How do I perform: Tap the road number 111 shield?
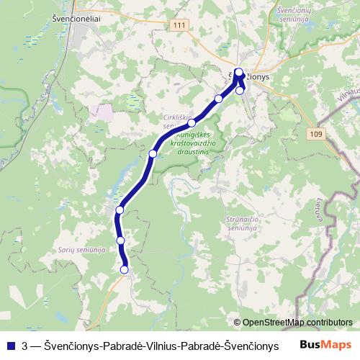179,25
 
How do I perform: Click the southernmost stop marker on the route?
125,269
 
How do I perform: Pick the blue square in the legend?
9,346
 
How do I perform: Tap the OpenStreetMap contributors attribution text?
292,323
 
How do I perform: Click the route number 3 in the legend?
26,346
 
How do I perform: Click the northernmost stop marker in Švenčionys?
238,72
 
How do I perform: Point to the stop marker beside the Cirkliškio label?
192,123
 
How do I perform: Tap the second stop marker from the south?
121,240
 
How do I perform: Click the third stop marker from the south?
120,210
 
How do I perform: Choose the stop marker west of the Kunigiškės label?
153,153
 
